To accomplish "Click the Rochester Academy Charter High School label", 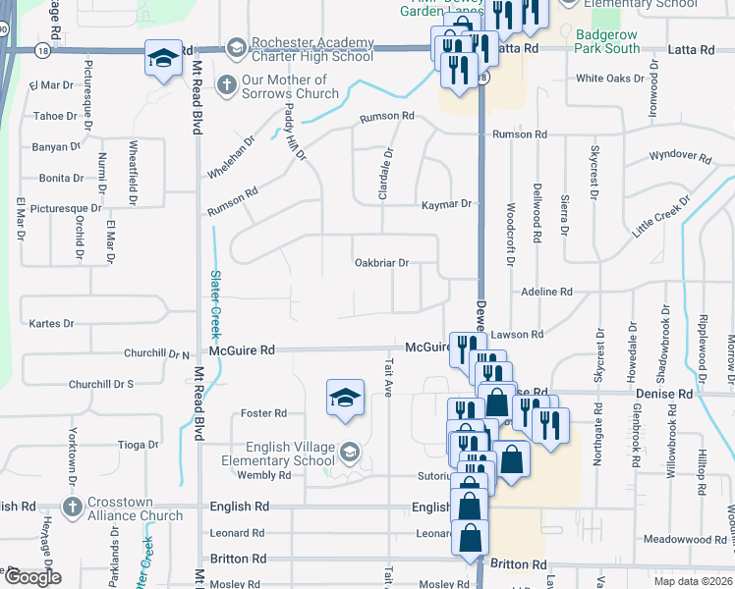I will [312, 49].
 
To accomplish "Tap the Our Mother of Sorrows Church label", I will [290, 86].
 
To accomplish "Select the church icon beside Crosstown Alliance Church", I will [71, 508].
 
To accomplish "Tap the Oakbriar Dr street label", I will [381, 263].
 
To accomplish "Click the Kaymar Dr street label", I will [447, 204].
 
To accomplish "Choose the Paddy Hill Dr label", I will [296, 134].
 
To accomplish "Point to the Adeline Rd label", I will [546, 292].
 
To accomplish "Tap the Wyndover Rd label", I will [680, 156].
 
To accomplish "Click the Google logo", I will [32, 577].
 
